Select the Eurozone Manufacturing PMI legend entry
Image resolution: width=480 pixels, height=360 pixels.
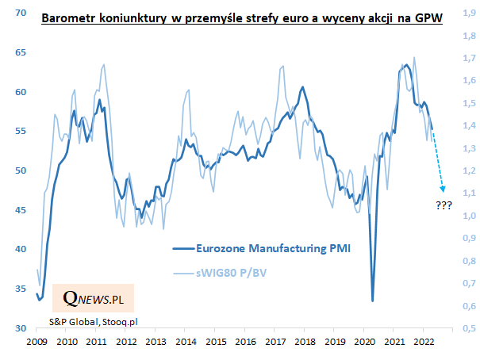click(x=262, y=247)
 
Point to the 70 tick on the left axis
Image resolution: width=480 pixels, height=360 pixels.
click(x=21, y=13)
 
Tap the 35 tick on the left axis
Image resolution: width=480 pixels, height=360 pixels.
click(x=21, y=289)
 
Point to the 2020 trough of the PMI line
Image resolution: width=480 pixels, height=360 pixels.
click(x=373, y=300)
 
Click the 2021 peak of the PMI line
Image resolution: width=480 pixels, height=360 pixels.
click(x=405, y=65)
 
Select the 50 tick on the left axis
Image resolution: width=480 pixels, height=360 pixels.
click(x=21, y=170)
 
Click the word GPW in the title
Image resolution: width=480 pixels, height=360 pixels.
click(x=427, y=17)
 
